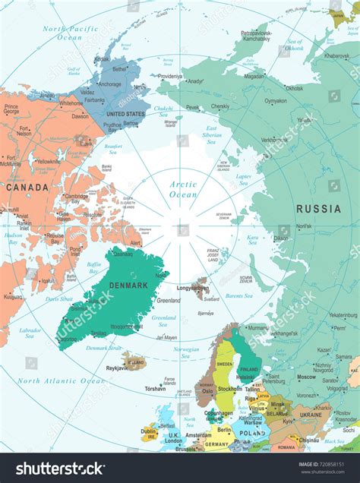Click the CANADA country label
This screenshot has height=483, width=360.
(x=27, y=187)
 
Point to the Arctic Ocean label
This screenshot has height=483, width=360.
(x=182, y=189)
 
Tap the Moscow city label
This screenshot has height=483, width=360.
(x=306, y=377)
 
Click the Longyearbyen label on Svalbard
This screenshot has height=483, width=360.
(x=193, y=288)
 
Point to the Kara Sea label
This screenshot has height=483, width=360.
(x=253, y=241)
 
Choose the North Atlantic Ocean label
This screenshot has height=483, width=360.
(x=62, y=380)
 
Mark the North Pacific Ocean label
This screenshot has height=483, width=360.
(x=72, y=33)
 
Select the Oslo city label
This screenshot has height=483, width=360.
(x=207, y=370)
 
